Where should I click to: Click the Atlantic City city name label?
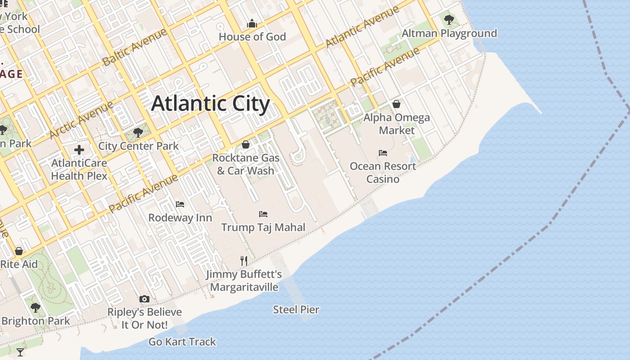tap(211, 103)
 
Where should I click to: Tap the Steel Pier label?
tap(296, 310)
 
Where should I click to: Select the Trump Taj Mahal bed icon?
tap(263, 214)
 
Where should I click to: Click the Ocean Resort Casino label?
tap(383, 172)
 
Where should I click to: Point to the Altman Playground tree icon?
tap(449, 19)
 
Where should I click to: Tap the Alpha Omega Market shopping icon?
tap(396, 104)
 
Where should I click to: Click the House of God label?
tap(252, 36)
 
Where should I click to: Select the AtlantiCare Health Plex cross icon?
tap(79, 149)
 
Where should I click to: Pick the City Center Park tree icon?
tap(138, 132)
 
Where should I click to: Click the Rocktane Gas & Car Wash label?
tap(246, 164)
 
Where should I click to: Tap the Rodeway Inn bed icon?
tap(180, 204)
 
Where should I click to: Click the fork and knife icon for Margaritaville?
tap(244, 261)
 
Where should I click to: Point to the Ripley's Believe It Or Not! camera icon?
tap(144, 299)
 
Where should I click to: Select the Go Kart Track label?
tap(182, 342)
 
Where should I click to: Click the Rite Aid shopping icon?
tap(19, 251)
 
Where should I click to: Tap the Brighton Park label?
tap(36, 321)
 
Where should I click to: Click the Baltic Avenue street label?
tap(135, 47)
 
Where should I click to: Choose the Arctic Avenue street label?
tap(81, 120)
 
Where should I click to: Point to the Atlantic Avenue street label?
tap(362, 27)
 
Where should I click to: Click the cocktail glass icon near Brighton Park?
tap(20, 352)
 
